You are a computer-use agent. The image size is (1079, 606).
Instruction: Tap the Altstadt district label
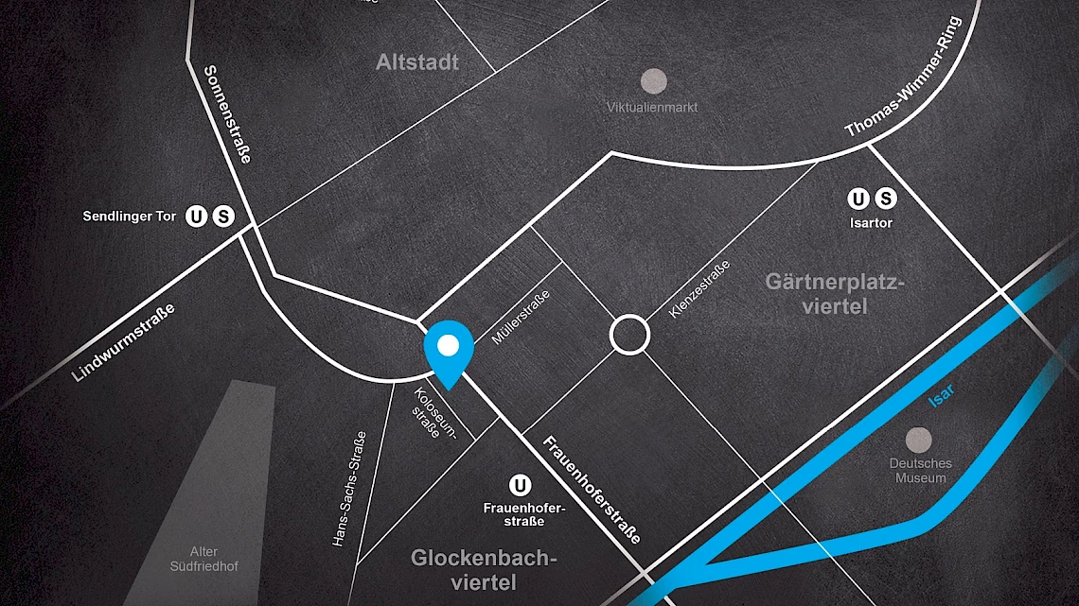click(x=417, y=62)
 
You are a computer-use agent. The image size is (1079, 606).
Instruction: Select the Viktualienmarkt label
click(x=652, y=107)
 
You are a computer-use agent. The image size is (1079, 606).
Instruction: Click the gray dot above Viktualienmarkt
click(x=653, y=80)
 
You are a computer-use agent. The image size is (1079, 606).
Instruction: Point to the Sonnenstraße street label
click(x=228, y=114)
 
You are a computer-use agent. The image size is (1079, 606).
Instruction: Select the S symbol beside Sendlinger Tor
click(x=223, y=216)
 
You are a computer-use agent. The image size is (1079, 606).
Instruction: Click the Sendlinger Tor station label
click(x=130, y=216)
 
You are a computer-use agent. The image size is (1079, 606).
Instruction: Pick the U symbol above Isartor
click(x=858, y=199)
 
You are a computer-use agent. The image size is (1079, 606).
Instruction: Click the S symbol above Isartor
click(x=885, y=199)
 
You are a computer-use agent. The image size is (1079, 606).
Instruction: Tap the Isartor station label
click(x=871, y=223)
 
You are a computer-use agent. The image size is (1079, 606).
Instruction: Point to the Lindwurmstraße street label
click(x=124, y=343)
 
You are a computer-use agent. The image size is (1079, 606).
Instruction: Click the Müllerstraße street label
click(x=521, y=317)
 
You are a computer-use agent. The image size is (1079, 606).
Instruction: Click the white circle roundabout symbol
click(x=629, y=335)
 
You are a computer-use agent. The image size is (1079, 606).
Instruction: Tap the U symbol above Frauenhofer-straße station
click(x=519, y=486)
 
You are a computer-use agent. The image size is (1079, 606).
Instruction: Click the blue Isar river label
click(x=941, y=396)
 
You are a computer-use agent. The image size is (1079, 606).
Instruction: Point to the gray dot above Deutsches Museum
click(x=918, y=440)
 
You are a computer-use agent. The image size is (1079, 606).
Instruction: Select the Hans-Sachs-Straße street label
click(x=349, y=489)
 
